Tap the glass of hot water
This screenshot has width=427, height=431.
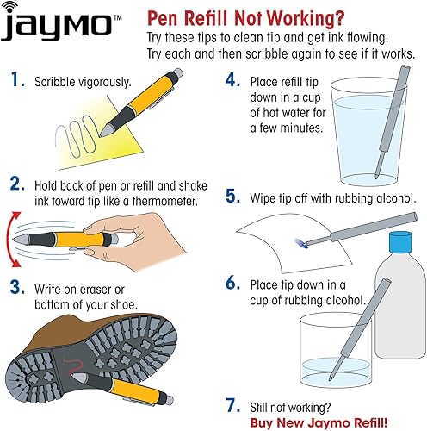pyautogui.click(x=362, y=138)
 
